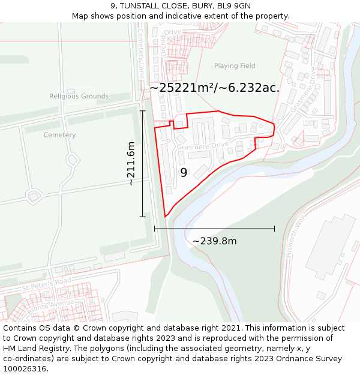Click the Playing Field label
pos(235,66)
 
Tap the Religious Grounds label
pos(79,96)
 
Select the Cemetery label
pos(59,135)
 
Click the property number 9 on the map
pos(184,173)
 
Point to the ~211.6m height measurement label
pos(131,164)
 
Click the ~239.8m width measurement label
pos(214,241)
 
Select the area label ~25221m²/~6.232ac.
pos(214,88)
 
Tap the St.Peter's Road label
pos(47,284)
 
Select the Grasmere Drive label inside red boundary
pos(203,145)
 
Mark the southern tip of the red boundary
pos(166,217)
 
